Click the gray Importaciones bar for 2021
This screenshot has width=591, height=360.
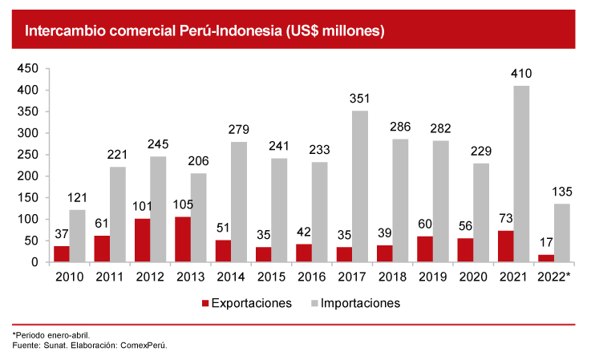click(x=521, y=174)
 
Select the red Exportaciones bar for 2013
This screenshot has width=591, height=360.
click(x=182, y=239)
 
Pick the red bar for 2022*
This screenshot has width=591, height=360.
click(x=545, y=258)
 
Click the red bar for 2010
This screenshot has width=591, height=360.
click(x=62, y=253)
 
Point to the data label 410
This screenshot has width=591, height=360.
click(x=521, y=75)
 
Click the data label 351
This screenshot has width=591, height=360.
click(x=359, y=99)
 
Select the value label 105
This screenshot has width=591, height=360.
click(x=182, y=206)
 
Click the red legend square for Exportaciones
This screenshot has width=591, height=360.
click(x=204, y=304)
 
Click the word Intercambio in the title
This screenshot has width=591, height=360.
click(x=65, y=32)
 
